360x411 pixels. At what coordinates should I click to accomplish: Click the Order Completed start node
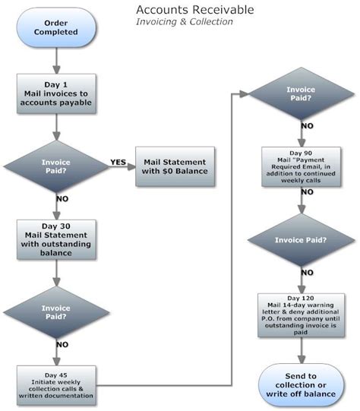(57, 29)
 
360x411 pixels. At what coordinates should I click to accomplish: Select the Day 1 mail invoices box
(57, 95)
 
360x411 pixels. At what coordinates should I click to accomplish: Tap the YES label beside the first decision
(118, 162)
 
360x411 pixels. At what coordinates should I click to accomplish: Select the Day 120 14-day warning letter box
(302, 314)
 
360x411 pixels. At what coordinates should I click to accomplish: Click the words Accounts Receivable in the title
(195, 9)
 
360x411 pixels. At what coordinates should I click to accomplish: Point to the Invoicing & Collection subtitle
(184, 22)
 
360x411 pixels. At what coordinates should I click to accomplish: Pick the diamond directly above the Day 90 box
(302, 94)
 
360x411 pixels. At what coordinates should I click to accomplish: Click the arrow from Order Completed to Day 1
(57, 61)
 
